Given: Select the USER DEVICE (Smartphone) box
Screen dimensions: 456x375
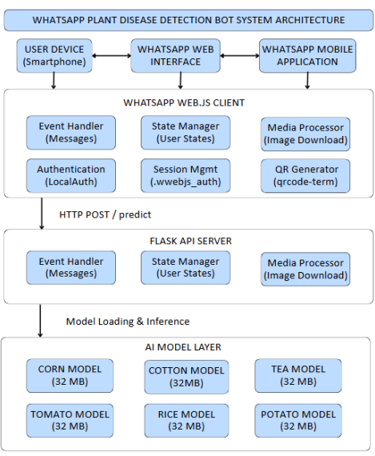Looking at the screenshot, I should tap(54, 55).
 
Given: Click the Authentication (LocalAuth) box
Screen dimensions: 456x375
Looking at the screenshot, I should tap(70, 175).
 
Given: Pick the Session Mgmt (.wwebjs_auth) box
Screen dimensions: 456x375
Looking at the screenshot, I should tap(185, 175).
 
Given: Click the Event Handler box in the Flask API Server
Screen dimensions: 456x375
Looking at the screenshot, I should tap(70, 267).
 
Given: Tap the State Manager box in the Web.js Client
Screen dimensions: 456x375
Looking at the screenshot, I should tap(185, 133).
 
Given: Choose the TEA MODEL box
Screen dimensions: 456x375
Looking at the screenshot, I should tap(297, 375).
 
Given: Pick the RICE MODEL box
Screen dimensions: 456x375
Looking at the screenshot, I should tap(186, 420).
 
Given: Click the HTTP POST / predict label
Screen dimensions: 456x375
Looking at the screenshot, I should tap(105, 214).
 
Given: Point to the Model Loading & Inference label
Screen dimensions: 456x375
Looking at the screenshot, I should tap(127, 321).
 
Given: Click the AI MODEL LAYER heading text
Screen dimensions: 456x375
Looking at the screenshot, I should tap(186, 346).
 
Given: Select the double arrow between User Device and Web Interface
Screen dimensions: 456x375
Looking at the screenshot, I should tap(112, 56).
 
